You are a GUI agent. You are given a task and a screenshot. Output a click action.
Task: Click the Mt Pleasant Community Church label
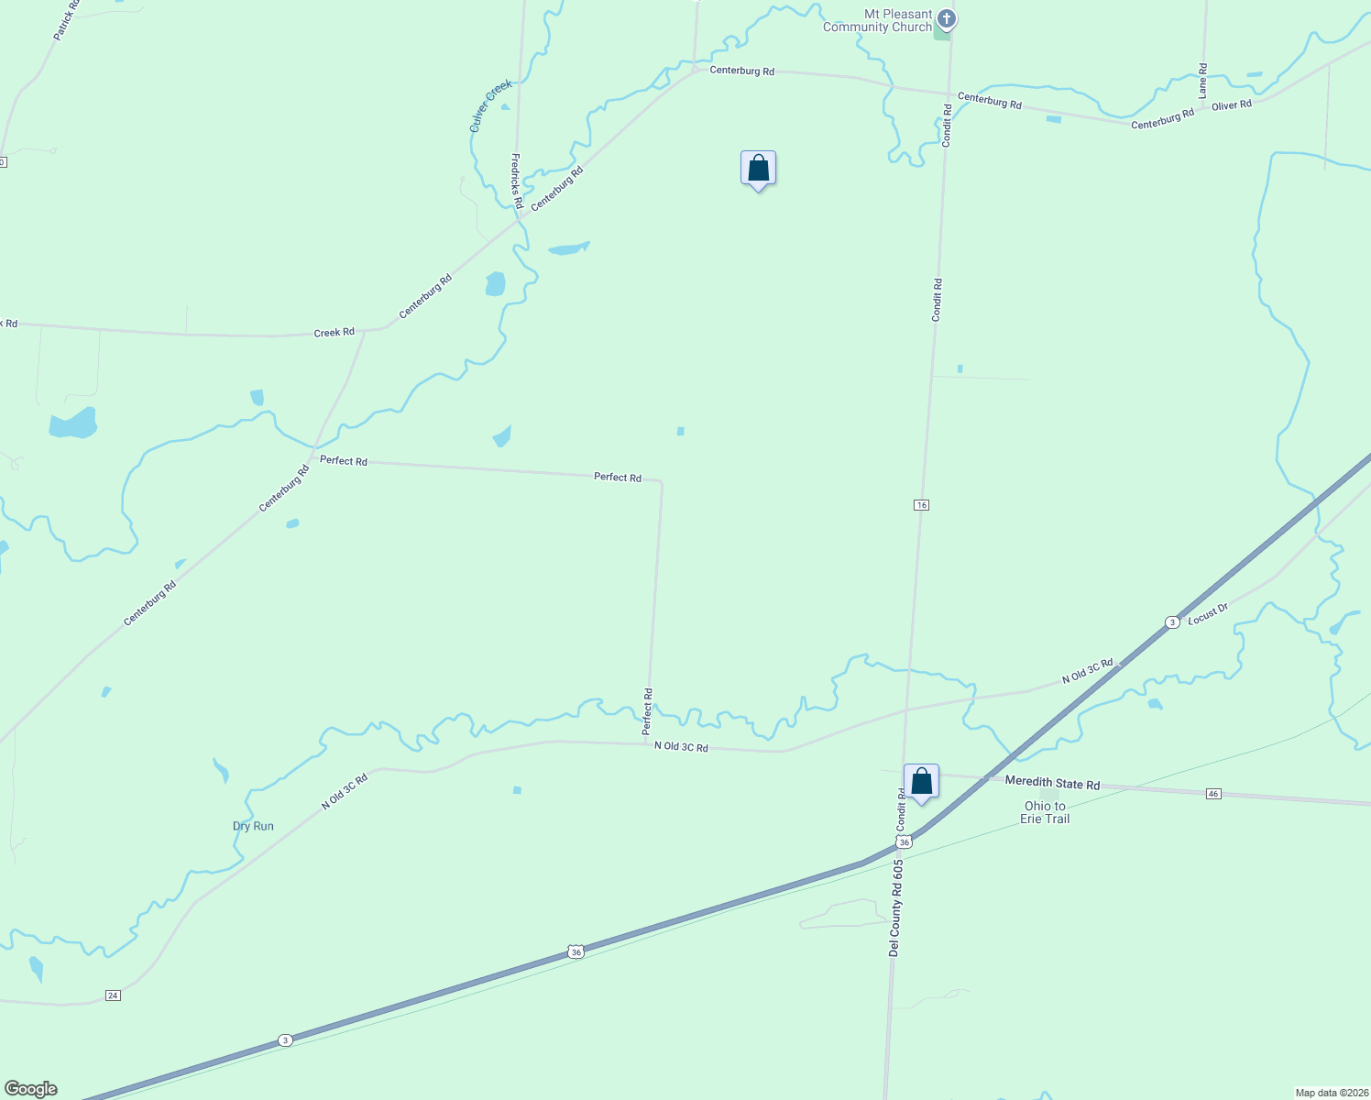[x=877, y=21]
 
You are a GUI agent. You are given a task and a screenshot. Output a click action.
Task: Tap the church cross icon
[x=947, y=18]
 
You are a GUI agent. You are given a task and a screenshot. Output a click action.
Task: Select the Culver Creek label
[x=490, y=106]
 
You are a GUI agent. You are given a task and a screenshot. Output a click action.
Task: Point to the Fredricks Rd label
[x=517, y=181]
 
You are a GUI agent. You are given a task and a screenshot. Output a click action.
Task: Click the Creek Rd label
[x=334, y=333]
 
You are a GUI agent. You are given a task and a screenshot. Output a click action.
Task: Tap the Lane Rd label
[x=1203, y=81]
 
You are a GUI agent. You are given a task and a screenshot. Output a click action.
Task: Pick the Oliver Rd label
[x=1232, y=105]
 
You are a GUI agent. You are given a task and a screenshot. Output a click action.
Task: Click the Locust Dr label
[x=1208, y=614]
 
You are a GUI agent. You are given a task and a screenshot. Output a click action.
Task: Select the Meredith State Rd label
[x=1052, y=783]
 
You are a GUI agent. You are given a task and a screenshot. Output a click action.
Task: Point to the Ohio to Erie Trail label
[x=1045, y=812]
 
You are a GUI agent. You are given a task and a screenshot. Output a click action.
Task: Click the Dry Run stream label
[x=253, y=826]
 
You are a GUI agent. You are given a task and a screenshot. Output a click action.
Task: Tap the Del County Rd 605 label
[x=896, y=907]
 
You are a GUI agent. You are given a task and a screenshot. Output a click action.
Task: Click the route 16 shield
[x=921, y=505]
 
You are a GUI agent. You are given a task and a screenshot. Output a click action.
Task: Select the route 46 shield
[x=1213, y=793]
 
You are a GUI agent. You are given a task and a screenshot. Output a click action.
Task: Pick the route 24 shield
[x=113, y=995]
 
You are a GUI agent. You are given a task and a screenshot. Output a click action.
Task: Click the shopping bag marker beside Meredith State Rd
[x=921, y=782]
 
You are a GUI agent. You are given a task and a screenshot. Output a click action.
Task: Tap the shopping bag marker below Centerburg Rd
[x=758, y=169]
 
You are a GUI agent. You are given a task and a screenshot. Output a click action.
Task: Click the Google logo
[x=31, y=1089]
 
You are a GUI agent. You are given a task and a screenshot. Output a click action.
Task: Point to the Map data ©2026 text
[x=1331, y=1093]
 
